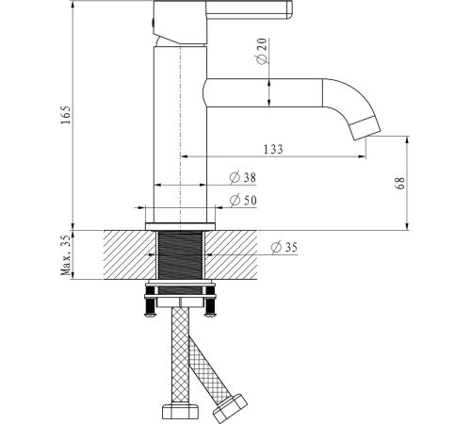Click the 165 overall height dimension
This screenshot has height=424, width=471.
(x=66, y=115)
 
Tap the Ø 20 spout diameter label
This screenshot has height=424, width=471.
(x=262, y=51)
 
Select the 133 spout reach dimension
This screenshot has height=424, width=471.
(x=273, y=149)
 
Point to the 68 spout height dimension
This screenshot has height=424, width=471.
(x=400, y=183)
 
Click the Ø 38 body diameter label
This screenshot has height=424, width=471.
(x=243, y=178)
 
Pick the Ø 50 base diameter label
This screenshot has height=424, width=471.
(x=243, y=201)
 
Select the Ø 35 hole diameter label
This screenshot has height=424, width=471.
(x=284, y=247)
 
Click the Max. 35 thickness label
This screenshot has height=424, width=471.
(x=66, y=255)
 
